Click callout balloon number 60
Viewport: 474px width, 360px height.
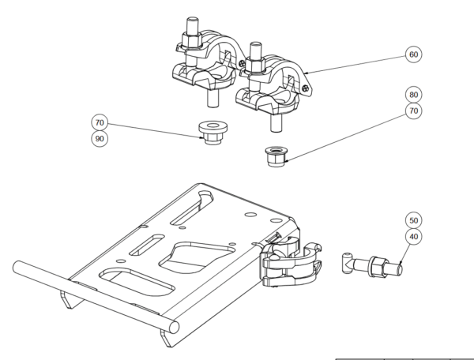click(x=413, y=54)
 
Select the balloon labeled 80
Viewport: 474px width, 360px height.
click(x=413, y=95)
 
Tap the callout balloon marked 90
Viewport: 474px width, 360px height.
click(x=100, y=139)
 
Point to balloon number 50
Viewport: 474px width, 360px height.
click(x=413, y=220)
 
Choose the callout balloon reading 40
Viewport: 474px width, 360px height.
click(x=413, y=236)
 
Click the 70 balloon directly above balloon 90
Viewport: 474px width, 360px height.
click(x=100, y=122)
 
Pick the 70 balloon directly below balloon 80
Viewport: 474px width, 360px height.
click(x=413, y=111)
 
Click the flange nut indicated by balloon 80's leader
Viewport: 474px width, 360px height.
click(x=276, y=156)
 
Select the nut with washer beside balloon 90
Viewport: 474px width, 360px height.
click(x=213, y=133)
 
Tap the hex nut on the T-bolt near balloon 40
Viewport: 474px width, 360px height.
click(x=378, y=266)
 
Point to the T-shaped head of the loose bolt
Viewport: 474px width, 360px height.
click(x=348, y=263)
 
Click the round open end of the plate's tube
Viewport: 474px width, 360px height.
click(x=174, y=328)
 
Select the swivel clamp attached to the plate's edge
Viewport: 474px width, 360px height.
click(x=291, y=261)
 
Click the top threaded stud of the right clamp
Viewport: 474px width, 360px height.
click(x=256, y=51)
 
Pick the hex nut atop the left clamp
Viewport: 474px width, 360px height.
click(x=192, y=40)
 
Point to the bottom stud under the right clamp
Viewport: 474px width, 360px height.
click(x=276, y=122)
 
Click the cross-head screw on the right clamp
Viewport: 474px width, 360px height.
click(x=306, y=88)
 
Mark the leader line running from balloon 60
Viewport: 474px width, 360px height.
click(x=355, y=65)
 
